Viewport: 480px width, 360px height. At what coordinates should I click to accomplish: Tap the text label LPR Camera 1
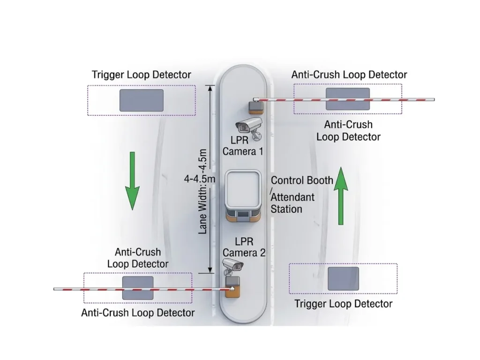coord(243,145)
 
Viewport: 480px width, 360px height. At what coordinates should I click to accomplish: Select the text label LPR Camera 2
coord(244,247)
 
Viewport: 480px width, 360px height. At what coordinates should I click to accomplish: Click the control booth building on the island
coord(243,195)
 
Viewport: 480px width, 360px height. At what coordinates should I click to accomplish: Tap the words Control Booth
coord(302,180)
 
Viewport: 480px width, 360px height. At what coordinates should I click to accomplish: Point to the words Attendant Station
coord(293,202)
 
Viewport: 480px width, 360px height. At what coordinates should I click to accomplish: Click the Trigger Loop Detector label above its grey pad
coord(142,75)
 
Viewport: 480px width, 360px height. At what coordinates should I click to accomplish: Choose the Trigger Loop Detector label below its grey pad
coord(344,304)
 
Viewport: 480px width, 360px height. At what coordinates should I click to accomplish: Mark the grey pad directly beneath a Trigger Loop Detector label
coord(142,100)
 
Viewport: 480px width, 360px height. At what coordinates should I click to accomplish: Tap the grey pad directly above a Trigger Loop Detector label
coord(343,278)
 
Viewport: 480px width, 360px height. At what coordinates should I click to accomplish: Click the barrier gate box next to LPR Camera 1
coord(256,107)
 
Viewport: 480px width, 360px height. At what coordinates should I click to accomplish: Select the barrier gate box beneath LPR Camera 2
coord(232,286)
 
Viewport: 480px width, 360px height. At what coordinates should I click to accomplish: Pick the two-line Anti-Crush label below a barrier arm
coord(348,131)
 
